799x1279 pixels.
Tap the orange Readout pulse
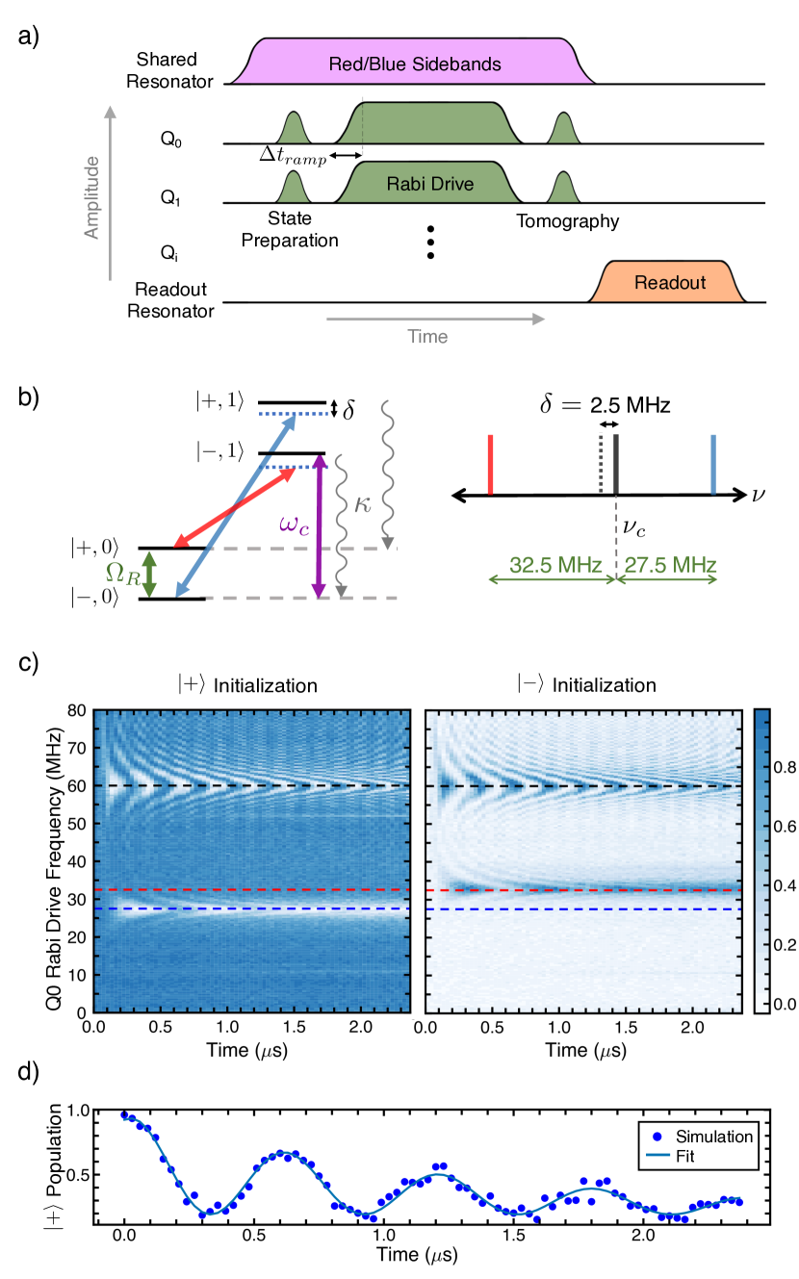tap(669, 283)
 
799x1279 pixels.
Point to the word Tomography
tap(565, 222)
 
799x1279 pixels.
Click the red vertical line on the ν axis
tap(490, 466)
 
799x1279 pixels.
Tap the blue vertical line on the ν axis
tap(713, 466)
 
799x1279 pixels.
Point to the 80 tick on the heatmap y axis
tap(78, 710)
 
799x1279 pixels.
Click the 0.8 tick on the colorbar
tap(771, 769)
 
